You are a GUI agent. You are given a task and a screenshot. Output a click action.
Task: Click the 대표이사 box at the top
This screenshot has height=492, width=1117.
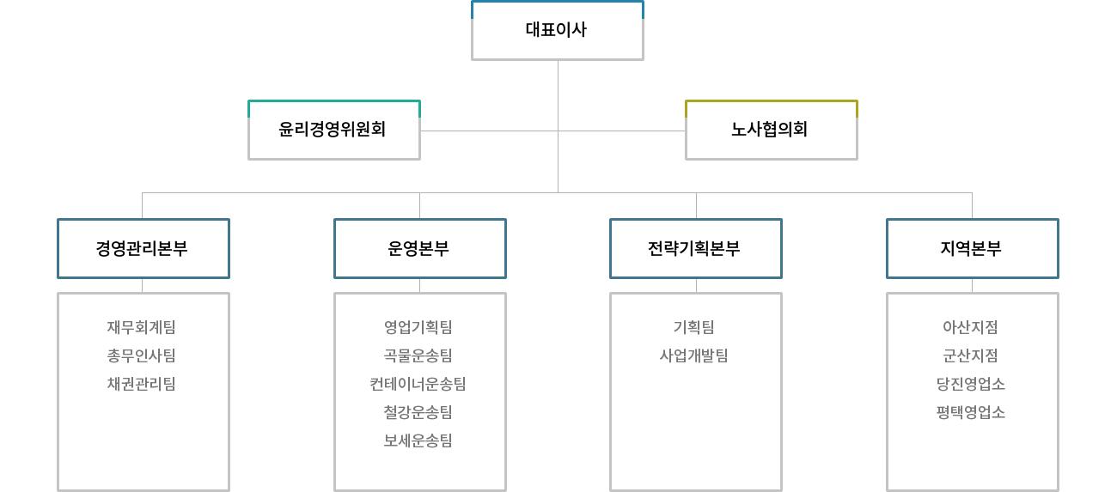point(557,30)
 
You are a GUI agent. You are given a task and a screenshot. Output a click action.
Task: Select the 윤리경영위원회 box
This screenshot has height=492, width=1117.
point(334,130)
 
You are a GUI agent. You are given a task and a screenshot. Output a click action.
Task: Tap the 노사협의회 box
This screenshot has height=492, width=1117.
point(772,130)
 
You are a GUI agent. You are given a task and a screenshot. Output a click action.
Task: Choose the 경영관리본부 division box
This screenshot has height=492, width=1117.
point(143,248)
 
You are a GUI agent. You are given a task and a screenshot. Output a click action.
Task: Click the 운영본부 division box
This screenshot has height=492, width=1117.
point(420,248)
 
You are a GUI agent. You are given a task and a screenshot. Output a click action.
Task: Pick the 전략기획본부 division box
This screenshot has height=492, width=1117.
point(696,248)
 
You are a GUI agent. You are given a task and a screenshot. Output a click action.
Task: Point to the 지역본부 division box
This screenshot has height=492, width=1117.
point(973,248)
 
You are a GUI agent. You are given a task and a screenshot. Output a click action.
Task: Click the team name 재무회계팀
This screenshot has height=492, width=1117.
point(141,327)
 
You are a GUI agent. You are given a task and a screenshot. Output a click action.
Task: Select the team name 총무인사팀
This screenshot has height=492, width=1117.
point(141,356)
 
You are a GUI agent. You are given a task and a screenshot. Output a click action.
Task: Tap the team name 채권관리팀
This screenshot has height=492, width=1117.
point(141,385)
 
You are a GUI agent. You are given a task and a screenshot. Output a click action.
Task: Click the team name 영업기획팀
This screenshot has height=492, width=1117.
point(418,327)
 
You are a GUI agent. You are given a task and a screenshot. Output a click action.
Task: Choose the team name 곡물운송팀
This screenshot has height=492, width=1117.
point(418,356)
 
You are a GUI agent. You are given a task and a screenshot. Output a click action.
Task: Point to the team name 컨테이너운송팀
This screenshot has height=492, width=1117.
point(418,385)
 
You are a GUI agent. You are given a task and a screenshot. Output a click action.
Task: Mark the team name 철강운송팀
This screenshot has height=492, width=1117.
point(418,413)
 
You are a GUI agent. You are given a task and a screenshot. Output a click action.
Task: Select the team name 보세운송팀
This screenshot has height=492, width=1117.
point(418,441)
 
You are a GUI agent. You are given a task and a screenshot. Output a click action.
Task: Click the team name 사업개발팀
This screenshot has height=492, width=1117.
point(693,356)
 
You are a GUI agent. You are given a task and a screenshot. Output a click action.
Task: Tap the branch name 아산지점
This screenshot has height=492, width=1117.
point(970,327)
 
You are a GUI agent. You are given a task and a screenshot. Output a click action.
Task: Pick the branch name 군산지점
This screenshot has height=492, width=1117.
point(970,356)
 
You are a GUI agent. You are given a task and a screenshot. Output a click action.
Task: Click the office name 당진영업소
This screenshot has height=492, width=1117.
point(970,385)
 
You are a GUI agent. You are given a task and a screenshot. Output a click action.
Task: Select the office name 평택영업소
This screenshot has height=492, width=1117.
point(970,413)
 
